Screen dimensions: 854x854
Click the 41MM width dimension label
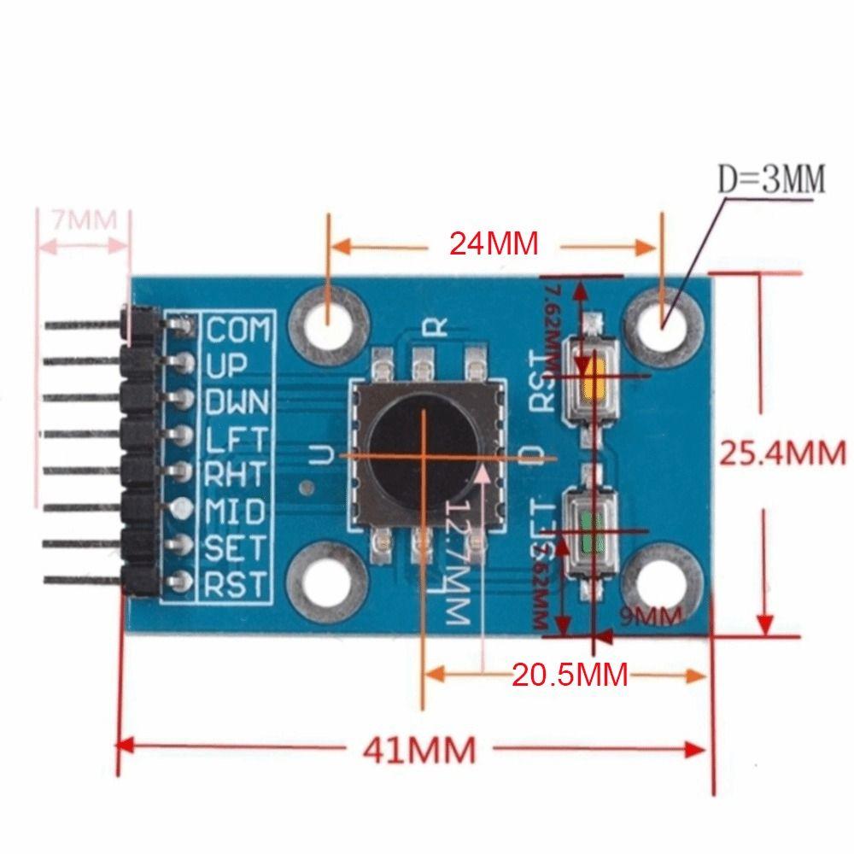tap(418, 751)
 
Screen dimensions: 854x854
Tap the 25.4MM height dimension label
tap(781, 452)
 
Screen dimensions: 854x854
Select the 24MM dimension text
tap(494, 244)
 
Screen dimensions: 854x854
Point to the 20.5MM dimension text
tap(570, 676)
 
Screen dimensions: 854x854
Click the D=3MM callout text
tap(771, 179)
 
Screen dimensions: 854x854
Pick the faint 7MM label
tap(83, 219)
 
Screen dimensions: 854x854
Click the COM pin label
tap(238, 329)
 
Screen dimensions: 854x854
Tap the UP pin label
tap(225, 366)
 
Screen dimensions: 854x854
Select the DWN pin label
tap(238, 401)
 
